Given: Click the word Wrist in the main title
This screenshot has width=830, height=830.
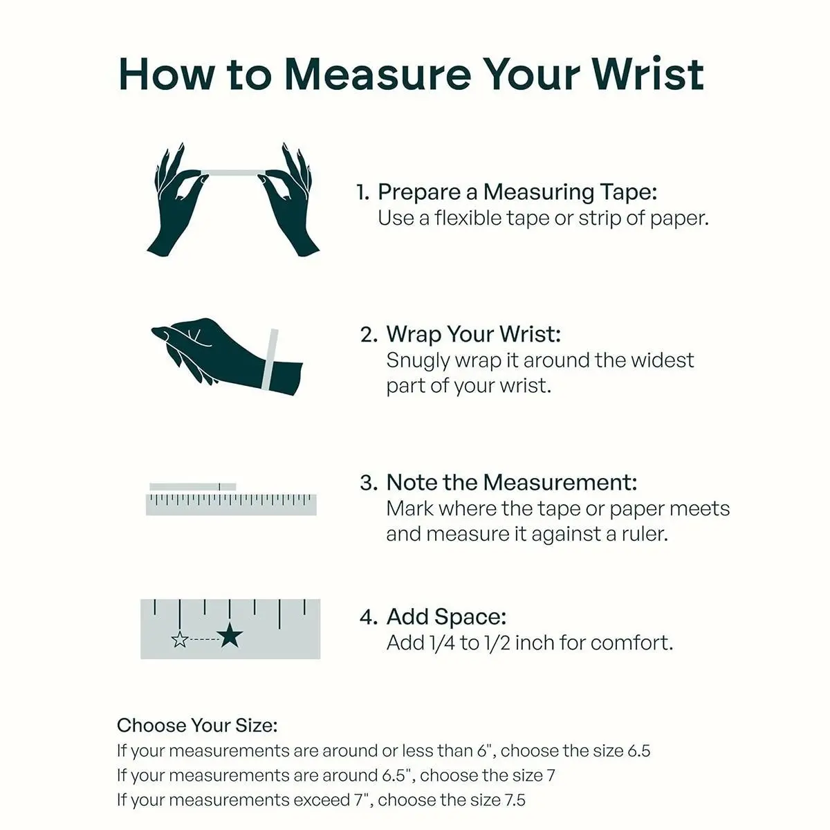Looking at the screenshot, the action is pyautogui.click(x=647, y=74).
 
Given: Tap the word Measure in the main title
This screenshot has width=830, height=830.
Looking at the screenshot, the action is pyautogui.click(x=378, y=74).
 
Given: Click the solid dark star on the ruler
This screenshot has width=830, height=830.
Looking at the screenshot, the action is pyautogui.click(x=230, y=636).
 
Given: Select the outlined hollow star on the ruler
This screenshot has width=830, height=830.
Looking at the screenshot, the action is pyautogui.click(x=180, y=639).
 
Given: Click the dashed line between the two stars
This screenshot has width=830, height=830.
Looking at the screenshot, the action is pyautogui.click(x=204, y=639).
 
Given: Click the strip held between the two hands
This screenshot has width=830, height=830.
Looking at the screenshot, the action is pyautogui.click(x=233, y=173).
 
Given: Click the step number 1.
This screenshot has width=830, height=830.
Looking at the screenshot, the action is pyautogui.click(x=362, y=192).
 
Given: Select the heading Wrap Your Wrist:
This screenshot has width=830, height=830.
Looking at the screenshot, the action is pyautogui.click(x=473, y=335).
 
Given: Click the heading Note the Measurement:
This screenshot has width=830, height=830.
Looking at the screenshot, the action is pyautogui.click(x=511, y=482).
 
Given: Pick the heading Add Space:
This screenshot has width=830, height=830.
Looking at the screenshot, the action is pyautogui.click(x=446, y=617).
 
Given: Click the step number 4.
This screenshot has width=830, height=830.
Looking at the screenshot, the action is pyautogui.click(x=369, y=617).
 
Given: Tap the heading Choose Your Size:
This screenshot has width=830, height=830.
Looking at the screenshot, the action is pyautogui.click(x=197, y=726).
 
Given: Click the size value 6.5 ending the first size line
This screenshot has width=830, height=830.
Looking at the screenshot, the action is pyautogui.click(x=638, y=750).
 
